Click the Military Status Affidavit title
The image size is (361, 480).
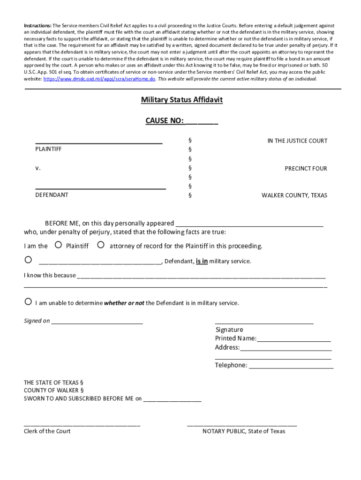182,100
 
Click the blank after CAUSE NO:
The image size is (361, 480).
202,122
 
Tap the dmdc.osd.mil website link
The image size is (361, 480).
99,79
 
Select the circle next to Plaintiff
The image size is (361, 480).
58,244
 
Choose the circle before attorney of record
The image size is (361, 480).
100,244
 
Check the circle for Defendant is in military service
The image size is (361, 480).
28,260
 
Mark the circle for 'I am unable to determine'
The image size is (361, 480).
28,301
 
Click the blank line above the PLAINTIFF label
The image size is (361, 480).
99,142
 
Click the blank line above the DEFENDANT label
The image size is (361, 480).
100,187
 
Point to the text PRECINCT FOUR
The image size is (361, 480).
306,168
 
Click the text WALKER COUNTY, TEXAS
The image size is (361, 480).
294,195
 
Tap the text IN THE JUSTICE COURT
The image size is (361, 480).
297,141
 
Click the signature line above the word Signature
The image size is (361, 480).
264,323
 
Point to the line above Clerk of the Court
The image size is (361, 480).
82,425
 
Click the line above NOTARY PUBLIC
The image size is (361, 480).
241,425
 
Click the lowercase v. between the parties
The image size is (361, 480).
38,168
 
